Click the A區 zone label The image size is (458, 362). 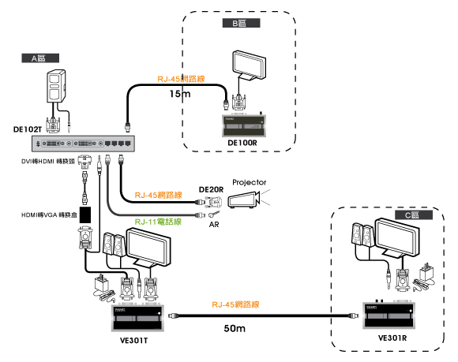click(40, 58)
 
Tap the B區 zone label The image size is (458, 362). click(242, 23)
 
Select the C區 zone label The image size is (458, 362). click(414, 215)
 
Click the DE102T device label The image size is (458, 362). click(28, 129)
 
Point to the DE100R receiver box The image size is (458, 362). click(244, 125)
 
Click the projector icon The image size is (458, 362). click(244, 200)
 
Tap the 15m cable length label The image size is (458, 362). click(180, 94)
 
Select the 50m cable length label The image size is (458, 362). click(235, 328)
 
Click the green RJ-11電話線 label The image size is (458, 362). click(158, 222)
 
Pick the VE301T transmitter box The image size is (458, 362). click(137, 318)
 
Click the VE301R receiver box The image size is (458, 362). click(389, 315)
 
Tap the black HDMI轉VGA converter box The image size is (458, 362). click(85, 215)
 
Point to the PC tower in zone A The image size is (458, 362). click(56, 86)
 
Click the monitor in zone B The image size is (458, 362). click(250, 65)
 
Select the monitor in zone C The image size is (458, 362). click(396, 237)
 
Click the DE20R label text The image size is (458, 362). click(211, 189)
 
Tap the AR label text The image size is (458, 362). click(214, 224)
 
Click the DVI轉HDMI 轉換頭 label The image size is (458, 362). click(48, 162)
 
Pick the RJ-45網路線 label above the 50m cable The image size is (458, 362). click(235, 304)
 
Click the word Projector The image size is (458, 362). click(250, 182)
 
